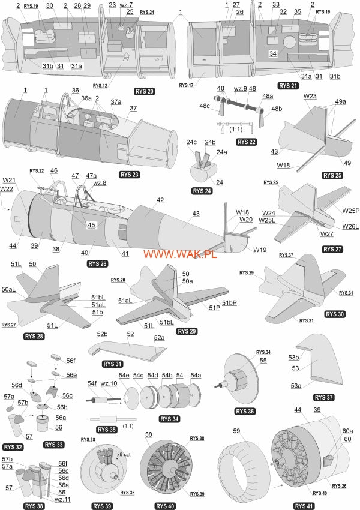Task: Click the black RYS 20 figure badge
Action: (145, 91)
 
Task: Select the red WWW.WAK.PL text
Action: (179, 254)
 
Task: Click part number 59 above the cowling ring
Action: (236, 431)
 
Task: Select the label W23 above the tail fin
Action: (310, 96)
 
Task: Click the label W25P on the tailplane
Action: (351, 211)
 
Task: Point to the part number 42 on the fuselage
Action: (160, 199)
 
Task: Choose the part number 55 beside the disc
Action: (263, 361)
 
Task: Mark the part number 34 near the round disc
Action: (272, 54)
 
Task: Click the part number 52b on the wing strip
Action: (102, 334)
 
